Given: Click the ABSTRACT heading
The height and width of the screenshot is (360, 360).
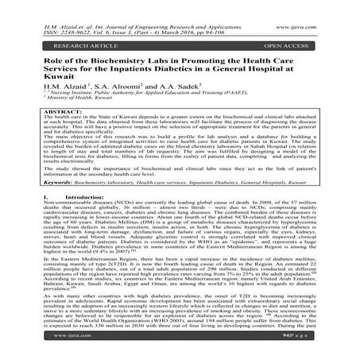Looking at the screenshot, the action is (42, 133).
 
